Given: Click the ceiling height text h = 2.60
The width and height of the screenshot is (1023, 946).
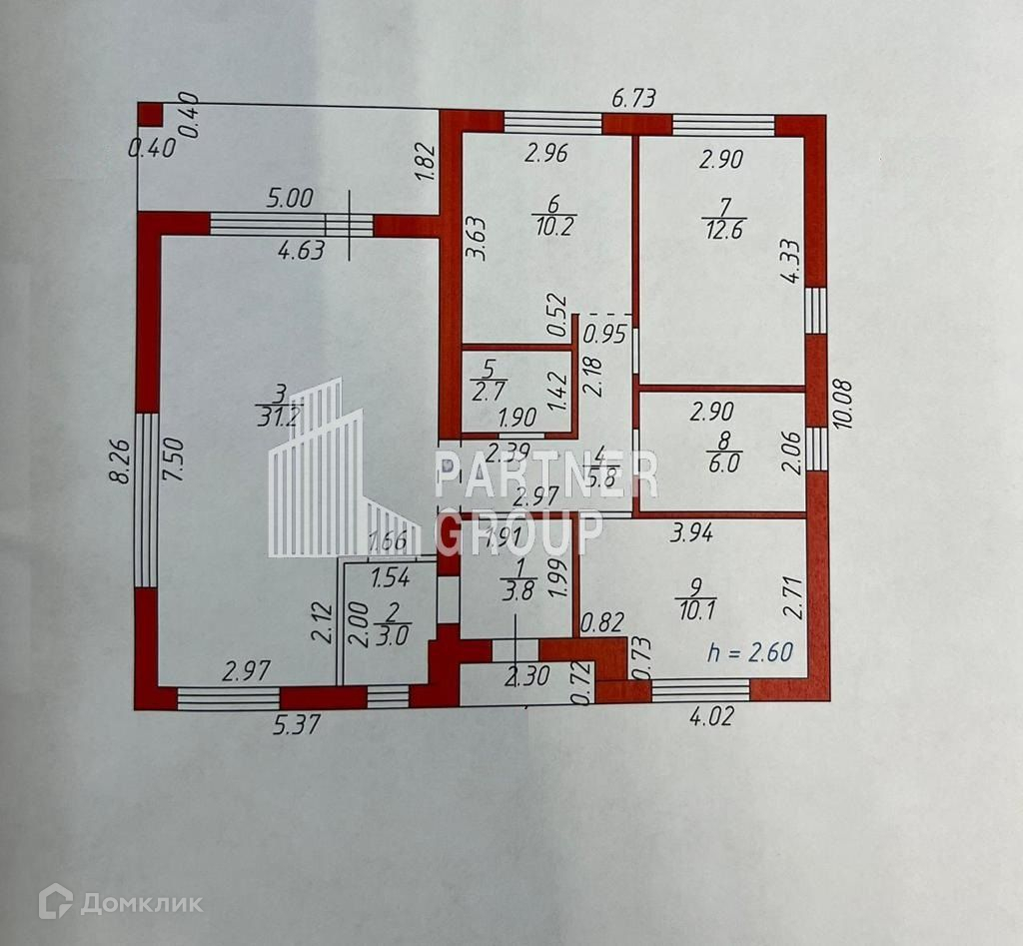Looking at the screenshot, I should pyautogui.click(x=749, y=653).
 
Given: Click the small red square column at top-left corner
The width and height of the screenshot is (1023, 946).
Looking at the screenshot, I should pyautogui.click(x=150, y=115).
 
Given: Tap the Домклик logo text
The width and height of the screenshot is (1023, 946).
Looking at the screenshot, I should pyautogui.click(x=140, y=904).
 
